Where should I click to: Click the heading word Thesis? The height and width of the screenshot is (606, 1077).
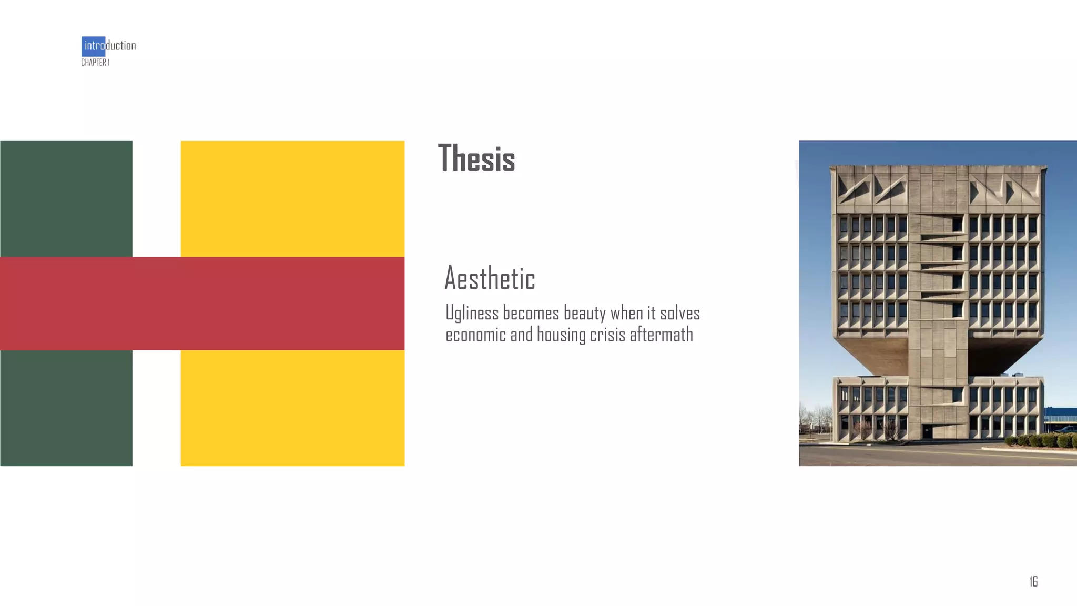pyautogui.click(x=476, y=158)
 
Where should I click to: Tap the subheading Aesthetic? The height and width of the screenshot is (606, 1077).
pyautogui.click(x=490, y=278)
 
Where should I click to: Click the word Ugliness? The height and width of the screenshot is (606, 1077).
pyautogui.click(x=472, y=313)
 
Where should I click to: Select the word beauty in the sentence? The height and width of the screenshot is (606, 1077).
pyautogui.click(x=585, y=313)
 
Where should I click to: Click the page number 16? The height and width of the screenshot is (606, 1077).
pyautogui.click(x=1033, y=581)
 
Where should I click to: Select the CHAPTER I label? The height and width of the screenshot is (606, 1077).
pyautogui.click(x=95, y=63)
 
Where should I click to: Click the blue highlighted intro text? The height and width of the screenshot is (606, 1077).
pyautogui.click(x=94, y=46)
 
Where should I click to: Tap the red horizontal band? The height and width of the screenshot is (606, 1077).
pyautogui.click(x=202, y=304)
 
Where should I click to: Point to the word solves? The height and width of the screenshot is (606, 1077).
pyautogui.click(x=680, y=313)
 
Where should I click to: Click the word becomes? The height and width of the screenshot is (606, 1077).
pyautogui.click(x=531, y=313)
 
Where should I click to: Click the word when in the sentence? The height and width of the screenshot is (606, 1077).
pyautogui.click(x=626, y=313)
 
